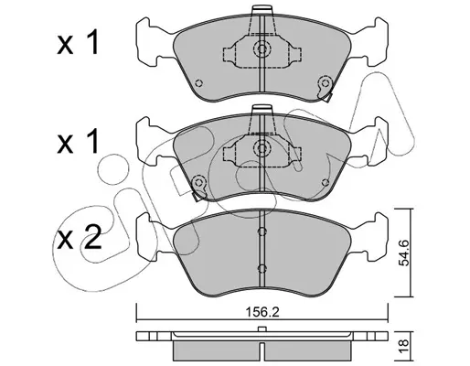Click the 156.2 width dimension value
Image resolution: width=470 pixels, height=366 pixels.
point(262,312)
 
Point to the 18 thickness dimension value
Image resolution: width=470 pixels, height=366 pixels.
point(404,347)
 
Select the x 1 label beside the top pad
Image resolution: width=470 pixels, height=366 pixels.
point(78,44)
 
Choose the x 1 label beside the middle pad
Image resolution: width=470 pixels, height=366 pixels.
point(78,141)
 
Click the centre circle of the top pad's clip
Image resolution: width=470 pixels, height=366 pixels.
point(262,48)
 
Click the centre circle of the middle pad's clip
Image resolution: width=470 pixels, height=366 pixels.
point(262,148)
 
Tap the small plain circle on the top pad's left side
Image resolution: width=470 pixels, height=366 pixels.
point(199,83)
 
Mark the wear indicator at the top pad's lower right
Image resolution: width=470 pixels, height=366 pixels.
point(325,88)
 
